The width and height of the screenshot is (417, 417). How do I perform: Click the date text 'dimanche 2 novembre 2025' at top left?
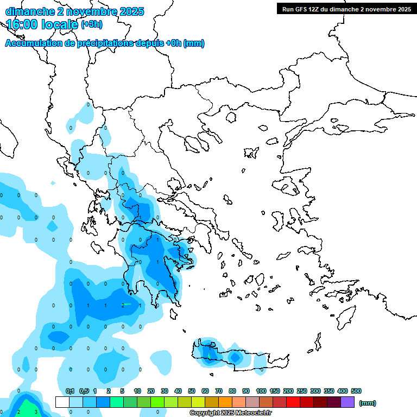(74, 11)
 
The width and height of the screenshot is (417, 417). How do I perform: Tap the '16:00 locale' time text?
(42, 24)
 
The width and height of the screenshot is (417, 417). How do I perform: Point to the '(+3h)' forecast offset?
(91, 24)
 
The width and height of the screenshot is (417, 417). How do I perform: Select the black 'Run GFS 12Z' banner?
(346, 9)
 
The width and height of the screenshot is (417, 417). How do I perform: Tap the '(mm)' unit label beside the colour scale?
(368, 403)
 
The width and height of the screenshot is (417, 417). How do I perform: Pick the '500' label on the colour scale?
(356, 391)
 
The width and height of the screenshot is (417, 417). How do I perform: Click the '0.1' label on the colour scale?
(69, 391)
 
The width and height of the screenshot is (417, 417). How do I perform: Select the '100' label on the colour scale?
(261, 391)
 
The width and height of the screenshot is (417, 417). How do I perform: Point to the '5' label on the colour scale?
(123, 391)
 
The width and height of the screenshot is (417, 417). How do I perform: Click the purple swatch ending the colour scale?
(347, 402)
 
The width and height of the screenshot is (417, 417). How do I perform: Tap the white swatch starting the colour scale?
(62, 402)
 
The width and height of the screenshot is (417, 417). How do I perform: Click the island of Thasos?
(230, 117)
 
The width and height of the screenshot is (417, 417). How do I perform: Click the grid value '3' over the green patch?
(36, 412)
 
